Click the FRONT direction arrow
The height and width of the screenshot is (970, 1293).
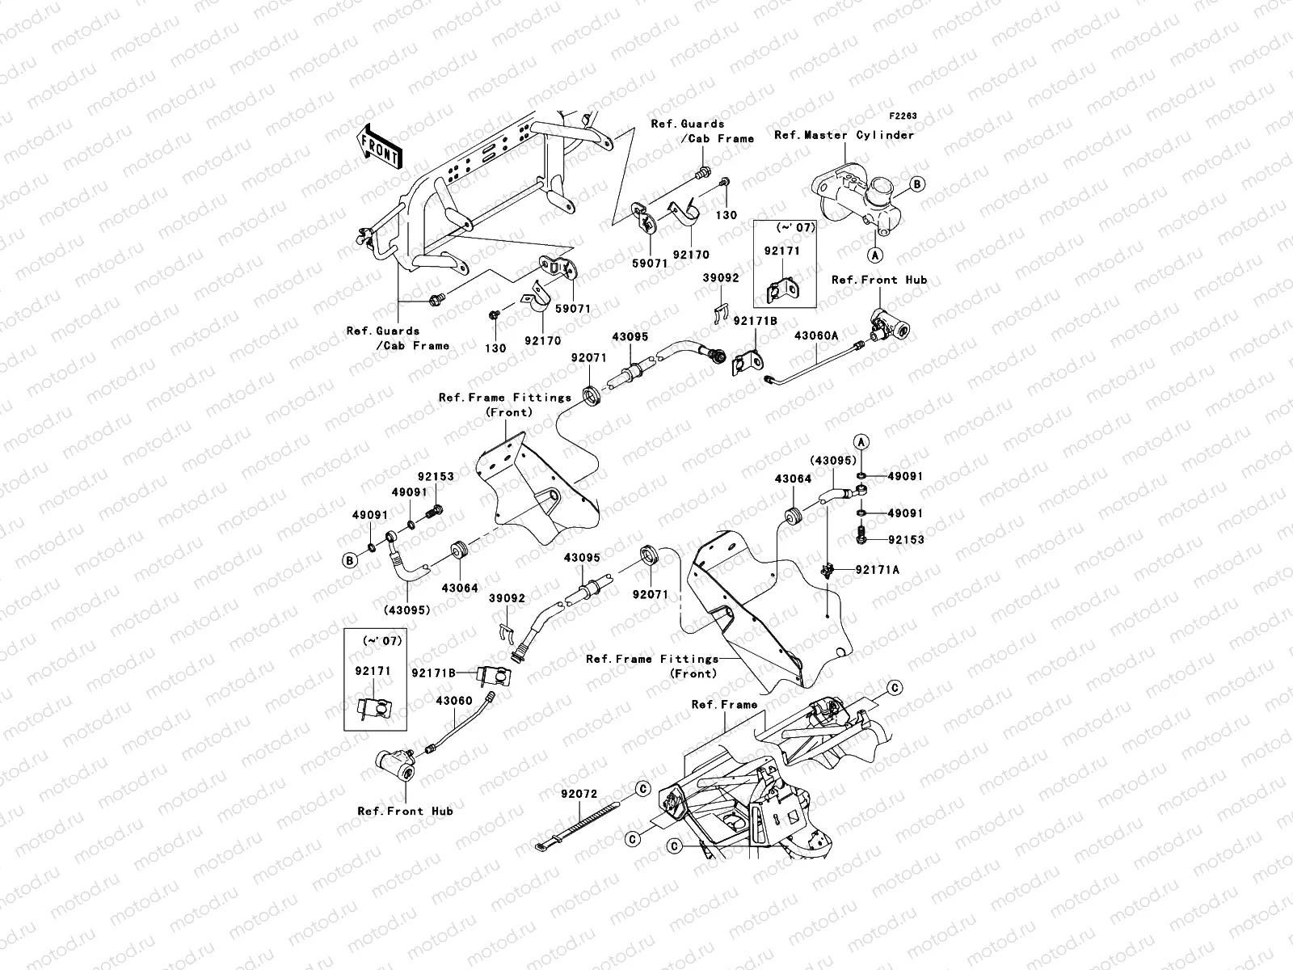click(380, 146)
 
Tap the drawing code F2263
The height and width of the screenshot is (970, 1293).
click(903, 116)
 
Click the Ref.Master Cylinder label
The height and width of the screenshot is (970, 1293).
click(844, 135)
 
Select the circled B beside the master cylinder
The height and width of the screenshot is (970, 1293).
click(917, 184)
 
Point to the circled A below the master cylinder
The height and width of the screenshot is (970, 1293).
click(874, 255)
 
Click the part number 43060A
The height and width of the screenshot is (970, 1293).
click(815, 335)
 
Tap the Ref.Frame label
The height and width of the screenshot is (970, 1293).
click(725, 705)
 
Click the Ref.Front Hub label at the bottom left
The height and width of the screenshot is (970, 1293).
click(406, 811)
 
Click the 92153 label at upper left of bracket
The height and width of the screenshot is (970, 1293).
click(436, 477)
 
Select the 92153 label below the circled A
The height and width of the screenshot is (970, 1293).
click(905, 539)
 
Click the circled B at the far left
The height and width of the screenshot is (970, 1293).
click(351, 560)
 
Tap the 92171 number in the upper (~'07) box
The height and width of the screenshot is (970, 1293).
click(781, 251)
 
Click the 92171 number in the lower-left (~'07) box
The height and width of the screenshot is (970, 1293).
click(373, 670)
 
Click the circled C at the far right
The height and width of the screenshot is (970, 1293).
click(895, 688)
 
